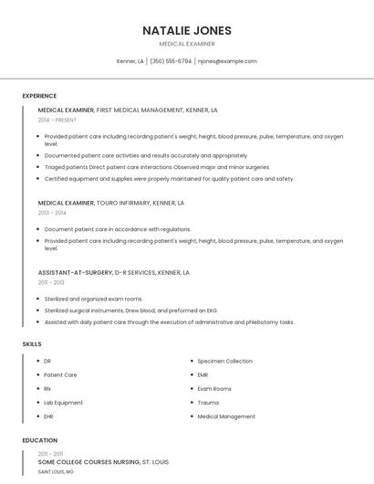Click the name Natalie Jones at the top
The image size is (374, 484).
click(186, 29)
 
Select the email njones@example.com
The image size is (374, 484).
click(227, 61)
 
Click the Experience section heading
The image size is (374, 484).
click(39, 95)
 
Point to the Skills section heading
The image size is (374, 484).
click(32, 343)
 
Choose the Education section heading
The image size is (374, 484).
click(39, 440)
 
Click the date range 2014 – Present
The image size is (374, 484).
click(58, 120)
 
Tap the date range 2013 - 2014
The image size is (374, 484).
click(52, 213)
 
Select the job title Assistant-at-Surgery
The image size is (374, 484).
click(75, 272)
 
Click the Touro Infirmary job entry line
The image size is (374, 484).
click(111, 203)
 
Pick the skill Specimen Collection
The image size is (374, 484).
click(224, 361)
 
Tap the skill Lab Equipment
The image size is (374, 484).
click(63, 402)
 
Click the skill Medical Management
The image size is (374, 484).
click(226, 416)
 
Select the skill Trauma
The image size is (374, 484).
click(208, 402)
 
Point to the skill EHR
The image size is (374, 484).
click(49, 416)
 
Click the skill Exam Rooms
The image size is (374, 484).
click(214, 388)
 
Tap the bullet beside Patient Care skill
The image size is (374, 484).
click(36, 374)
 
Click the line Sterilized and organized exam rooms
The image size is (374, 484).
click(93, 299)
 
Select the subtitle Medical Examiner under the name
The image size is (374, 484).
click(186, 43)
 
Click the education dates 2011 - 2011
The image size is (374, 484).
click(50, 454)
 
